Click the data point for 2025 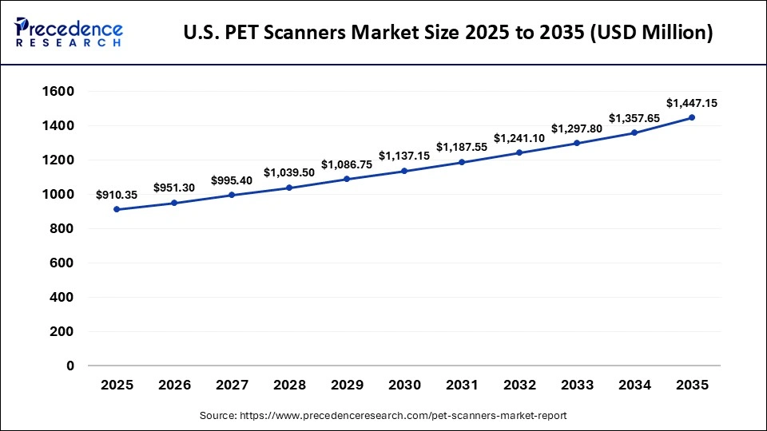tap(117, 209)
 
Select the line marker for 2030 tap(404, 171)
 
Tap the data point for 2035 tap(692, 117)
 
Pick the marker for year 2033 tap(577, 143)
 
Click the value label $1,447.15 tap(692, 103)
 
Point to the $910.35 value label tap(117, 195)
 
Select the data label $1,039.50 tap(289, 173)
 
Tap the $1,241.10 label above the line tap(519, 138)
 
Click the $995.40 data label tap(232, 180)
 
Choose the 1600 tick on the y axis tap(57, 92)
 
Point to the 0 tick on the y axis tap(70, 366)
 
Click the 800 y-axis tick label tap(61, 229)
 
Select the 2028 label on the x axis tap(289, 385)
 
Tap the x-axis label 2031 tap(462, 385)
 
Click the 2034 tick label tap(634, 385)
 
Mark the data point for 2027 tap(232, 195)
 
